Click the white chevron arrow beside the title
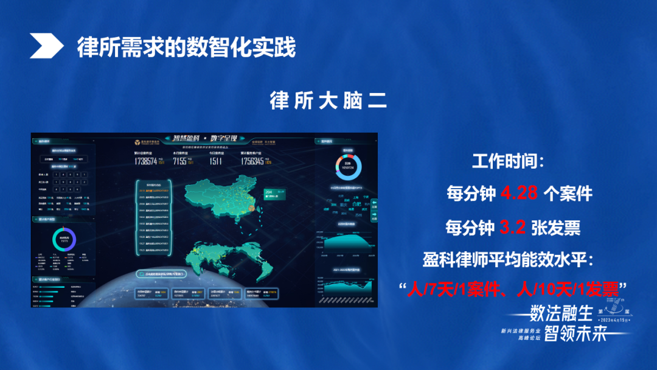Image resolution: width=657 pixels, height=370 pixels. [46, 46]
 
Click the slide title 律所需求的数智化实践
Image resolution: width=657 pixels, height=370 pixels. [186, 47]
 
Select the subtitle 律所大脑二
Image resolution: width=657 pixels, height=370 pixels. [328, 101]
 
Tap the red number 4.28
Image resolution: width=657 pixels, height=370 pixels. [520, 194]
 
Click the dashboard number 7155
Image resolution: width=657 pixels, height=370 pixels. [179, 161]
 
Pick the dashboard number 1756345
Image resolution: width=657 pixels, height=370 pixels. [252, 161]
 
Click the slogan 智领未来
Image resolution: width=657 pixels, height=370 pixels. [575, 333]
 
